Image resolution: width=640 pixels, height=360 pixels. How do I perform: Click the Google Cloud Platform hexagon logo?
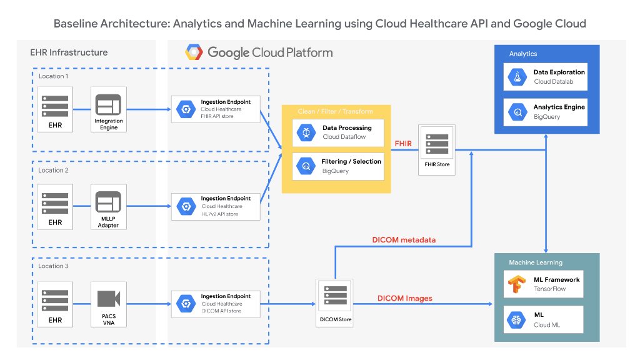tap(193, 52)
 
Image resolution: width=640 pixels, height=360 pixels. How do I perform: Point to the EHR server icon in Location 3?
tap(55, 298)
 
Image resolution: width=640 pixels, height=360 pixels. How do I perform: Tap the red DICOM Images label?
tap(404, 298)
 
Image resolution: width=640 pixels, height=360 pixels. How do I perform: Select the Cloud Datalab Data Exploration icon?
tap(518, 77)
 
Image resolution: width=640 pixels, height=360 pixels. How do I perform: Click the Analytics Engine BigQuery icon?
tap(518, 112)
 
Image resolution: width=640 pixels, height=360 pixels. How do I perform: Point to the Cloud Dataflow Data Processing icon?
tap(306, 132)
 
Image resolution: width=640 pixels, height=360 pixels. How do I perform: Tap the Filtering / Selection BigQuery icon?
tap(306, 166)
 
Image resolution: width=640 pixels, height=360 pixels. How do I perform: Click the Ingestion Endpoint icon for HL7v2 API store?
tap(185, 206)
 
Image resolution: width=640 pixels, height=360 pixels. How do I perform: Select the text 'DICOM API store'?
tap(221, 311)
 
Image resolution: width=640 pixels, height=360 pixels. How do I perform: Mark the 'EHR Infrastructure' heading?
tap(69, 52)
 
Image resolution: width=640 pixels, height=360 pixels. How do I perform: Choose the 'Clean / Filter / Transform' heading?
tap(335, 111)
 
